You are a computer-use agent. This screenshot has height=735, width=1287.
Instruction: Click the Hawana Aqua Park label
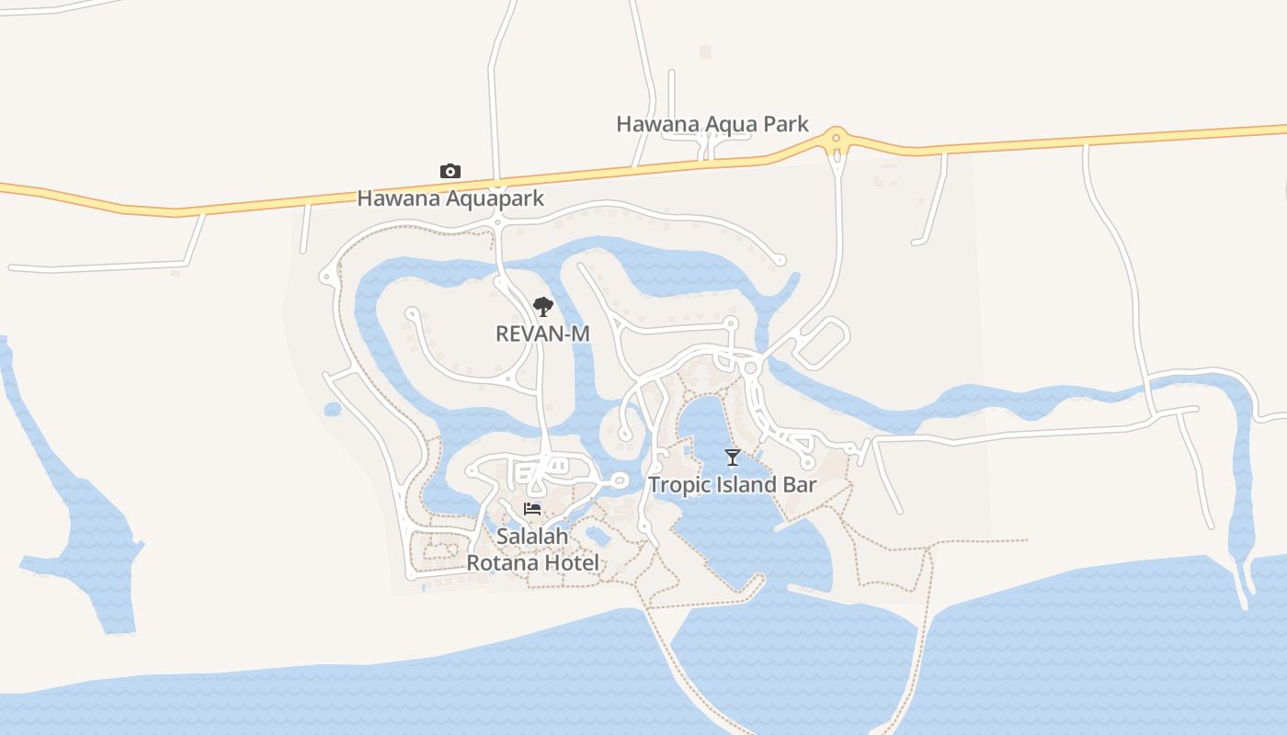(712, 124)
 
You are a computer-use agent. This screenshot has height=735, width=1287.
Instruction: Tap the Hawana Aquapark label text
(450, 198)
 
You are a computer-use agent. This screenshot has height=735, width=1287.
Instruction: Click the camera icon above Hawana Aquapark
(450, 171)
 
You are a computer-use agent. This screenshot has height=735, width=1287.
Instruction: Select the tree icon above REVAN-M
(543, 306)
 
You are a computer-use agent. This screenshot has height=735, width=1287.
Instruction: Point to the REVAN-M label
(542, 334)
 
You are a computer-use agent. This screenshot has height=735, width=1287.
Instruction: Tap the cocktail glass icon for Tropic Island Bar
(732, 457)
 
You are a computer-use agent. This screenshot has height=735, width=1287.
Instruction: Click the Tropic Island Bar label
(733, 484)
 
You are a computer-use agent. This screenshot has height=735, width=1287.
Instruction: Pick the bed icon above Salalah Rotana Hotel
(532, 509)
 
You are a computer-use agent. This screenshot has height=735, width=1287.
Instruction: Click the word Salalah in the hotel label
(532, 536)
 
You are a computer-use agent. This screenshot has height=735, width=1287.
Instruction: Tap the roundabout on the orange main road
(836, 141)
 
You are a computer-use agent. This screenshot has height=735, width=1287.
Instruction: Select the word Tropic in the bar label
(678, 484)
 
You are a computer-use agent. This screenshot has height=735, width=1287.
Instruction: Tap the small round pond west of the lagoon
(333, 409)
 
